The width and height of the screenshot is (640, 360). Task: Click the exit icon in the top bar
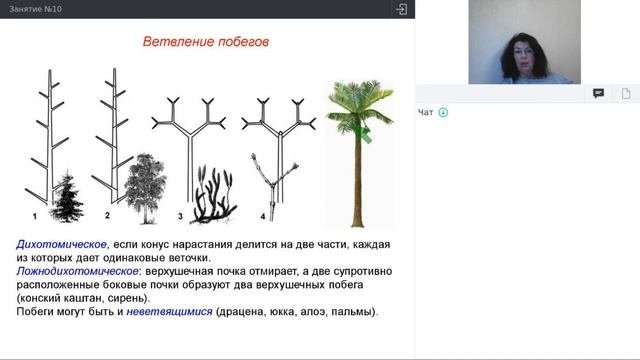[x=401, y=9]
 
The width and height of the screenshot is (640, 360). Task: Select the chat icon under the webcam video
[x=598, y=93]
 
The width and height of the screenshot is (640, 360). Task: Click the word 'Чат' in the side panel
[x=426, y=112]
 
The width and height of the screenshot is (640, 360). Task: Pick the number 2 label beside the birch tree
[x=107, y=215]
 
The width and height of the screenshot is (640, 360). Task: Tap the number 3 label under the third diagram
[x=180, y=216]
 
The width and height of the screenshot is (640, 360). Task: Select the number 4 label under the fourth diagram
[x=263, y=216]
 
